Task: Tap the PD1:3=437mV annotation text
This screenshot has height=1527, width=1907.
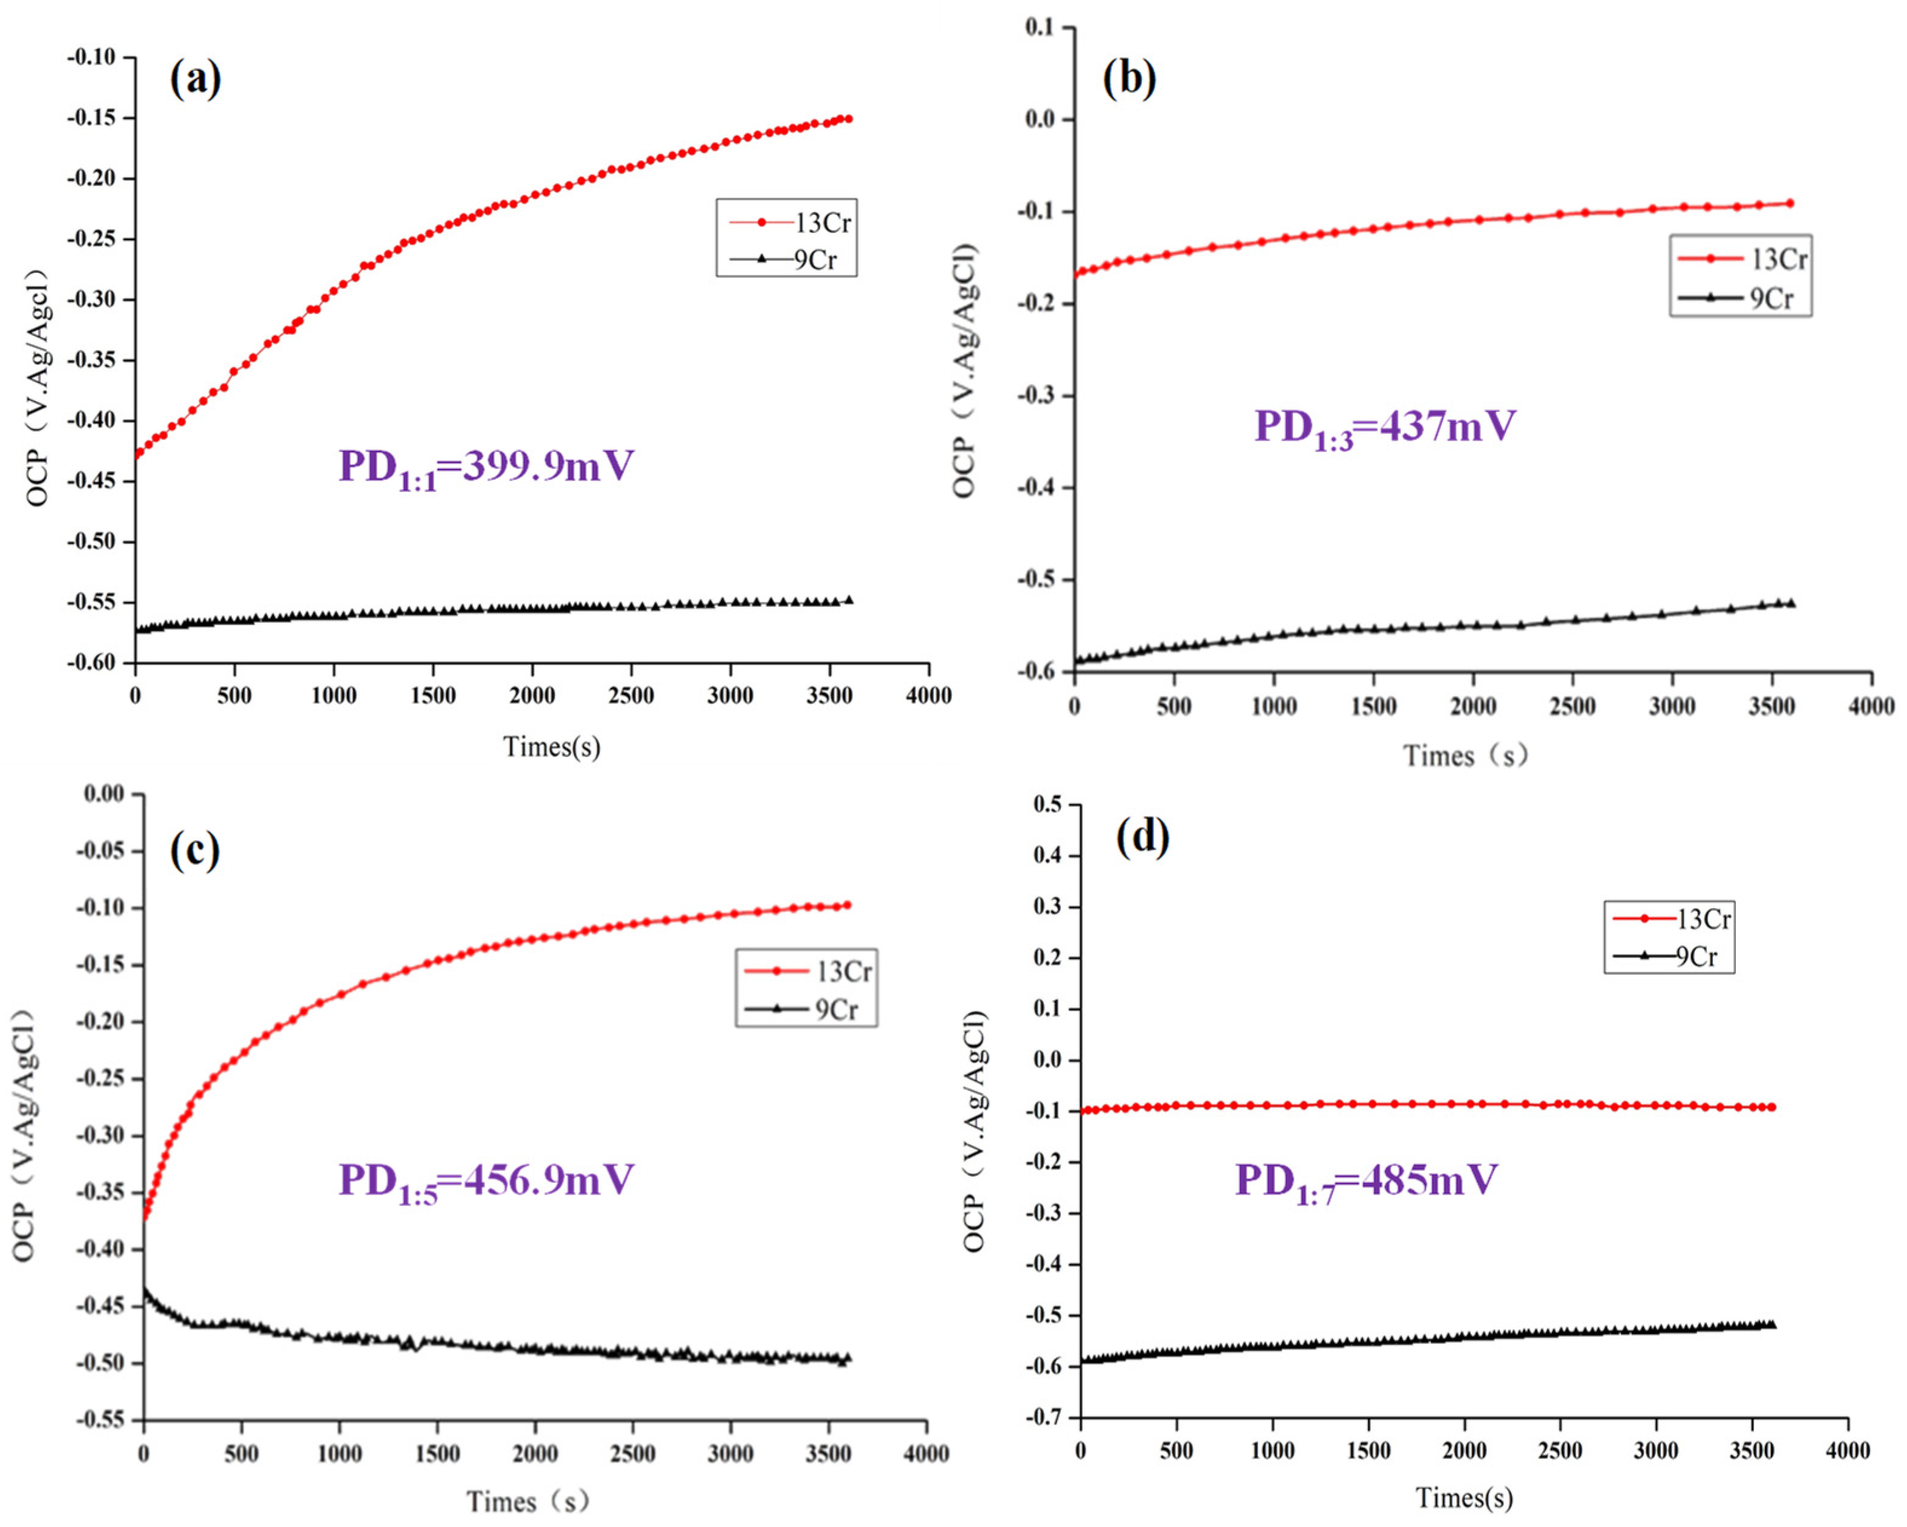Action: click(x=1384, y=427)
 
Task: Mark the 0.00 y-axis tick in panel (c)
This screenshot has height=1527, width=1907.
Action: click(x=103, y=794)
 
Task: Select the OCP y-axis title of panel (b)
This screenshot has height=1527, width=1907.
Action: click(x=966, y=371)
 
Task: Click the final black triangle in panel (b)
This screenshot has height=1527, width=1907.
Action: click(x=1791, y=603)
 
